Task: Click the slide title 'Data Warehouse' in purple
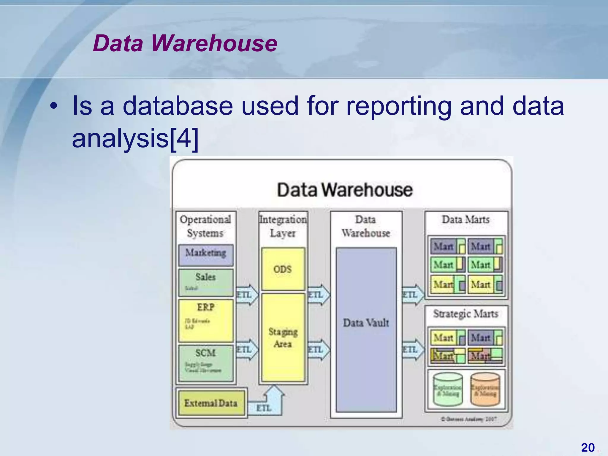click(185, 43)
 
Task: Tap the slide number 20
click(588, 447)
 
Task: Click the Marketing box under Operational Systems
click(206, 255)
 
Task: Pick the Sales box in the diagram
click(206, 282)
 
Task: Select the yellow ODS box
click(283, 269)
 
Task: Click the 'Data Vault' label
click(366, 323)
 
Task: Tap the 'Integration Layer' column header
click(283, 226)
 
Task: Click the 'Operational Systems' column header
click(205, 226)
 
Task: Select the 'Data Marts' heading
click(466, 220)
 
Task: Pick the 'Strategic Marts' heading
click(466, 314)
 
